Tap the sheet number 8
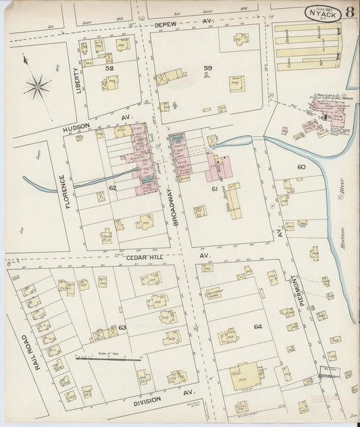[349, 12]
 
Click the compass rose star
[38, 86]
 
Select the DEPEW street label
[165, 24]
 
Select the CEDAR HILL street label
[145, 257]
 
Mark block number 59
[208, 68]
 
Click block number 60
[301, 167]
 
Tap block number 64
[257, 327]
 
